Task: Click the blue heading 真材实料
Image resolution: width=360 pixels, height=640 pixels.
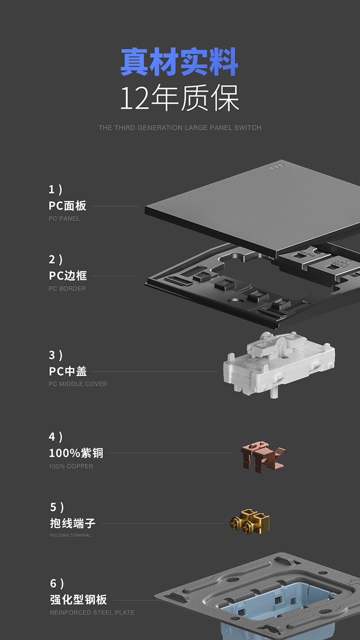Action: coord(179,62)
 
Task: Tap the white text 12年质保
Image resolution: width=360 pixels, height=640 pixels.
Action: coord(179,99)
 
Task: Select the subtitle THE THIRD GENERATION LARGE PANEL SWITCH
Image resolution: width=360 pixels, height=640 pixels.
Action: coord(180,128)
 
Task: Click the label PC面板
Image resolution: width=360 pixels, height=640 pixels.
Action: coord(68,206)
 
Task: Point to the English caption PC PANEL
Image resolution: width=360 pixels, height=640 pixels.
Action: coord(64,219)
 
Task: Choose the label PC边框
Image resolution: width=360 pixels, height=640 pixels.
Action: coord(68,276)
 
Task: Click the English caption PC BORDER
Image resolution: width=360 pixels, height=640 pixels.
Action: coord(67,289)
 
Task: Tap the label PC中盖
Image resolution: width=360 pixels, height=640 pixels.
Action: coord(68,371)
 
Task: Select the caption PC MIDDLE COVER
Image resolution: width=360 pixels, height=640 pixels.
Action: coord(78,384)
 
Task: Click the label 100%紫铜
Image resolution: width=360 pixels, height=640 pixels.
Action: coord(76,453)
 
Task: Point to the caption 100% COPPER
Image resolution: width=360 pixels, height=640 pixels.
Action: coord(71,466)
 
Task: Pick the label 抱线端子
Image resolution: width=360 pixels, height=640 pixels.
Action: coord(73,523)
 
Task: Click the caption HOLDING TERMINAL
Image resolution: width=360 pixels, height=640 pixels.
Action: coord(71,535)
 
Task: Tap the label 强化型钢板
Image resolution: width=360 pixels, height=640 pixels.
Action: coord(78,599)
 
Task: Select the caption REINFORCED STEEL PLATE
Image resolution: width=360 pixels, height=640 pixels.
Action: coord(92,613)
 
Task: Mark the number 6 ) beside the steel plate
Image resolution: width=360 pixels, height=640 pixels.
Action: coord(56,583)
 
